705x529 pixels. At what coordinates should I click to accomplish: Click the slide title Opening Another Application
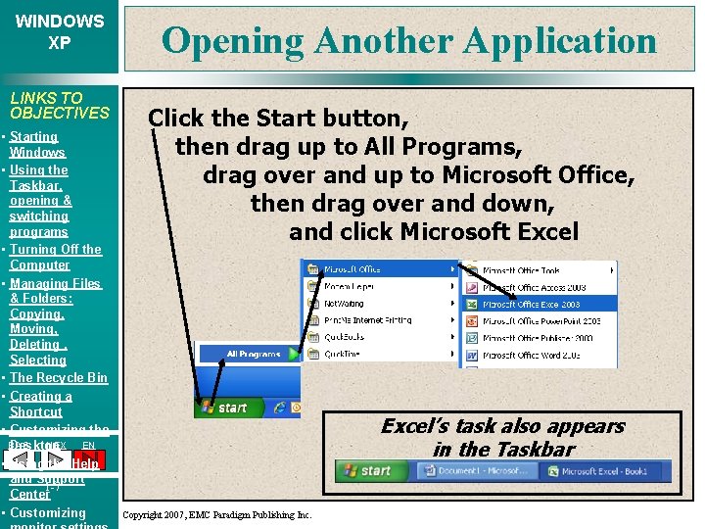pos(409,41)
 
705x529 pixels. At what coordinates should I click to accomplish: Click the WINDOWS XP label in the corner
pos(60,31)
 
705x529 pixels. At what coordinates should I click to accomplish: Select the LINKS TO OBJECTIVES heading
pos(59,105)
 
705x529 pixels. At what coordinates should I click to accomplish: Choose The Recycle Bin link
pos(59,377)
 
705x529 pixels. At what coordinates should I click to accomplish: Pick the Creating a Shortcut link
pos(40,404)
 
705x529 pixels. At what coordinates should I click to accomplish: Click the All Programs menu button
pos(253,354)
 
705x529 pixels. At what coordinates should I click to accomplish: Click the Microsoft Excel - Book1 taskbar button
pos(604,471)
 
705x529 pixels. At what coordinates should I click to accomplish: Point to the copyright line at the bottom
pos(217,514)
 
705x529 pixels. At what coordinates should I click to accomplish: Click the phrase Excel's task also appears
pos(502,426)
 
